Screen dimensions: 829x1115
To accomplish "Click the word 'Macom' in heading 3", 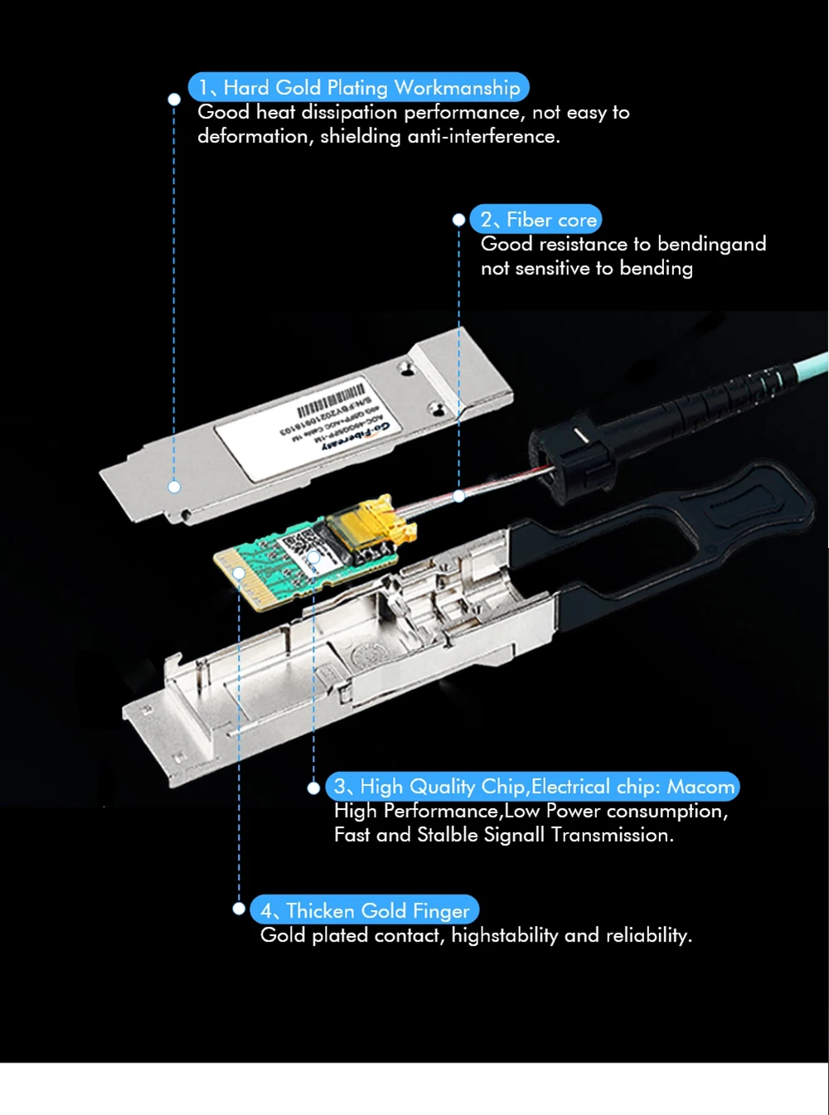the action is (x=701, y=786).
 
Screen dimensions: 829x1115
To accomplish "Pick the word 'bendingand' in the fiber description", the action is (x=711, y=244).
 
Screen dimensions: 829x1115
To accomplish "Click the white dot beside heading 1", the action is (x=174, y=99).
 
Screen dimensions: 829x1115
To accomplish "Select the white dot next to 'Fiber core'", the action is (x=458, y=220).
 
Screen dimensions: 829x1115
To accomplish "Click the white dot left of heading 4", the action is (x=239, y=909).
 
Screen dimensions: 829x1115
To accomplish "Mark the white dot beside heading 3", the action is (x=313, y=788).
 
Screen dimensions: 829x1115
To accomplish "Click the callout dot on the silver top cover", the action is (x=174, y=487).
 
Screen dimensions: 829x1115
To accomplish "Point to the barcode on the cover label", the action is (x=332, y=400).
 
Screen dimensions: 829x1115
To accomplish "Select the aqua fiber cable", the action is (x=800, y=369).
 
